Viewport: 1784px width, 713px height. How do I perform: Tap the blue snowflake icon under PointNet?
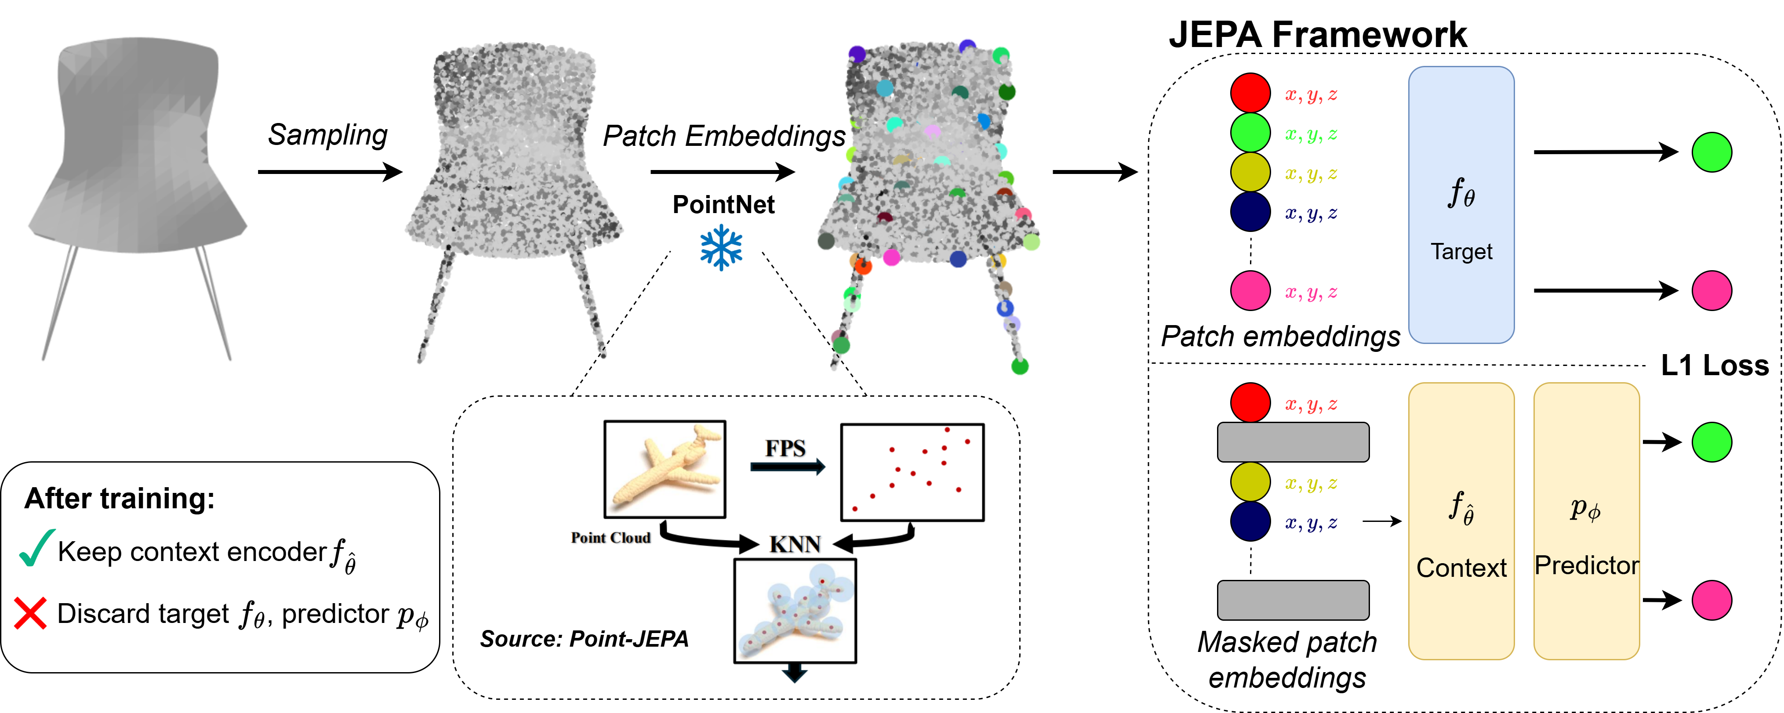coord(721,249)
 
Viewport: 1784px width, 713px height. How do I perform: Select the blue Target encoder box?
coord(1461,204)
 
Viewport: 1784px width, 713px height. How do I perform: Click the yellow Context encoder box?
coord(1461,521)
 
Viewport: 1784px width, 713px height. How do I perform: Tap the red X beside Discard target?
coord(30,613)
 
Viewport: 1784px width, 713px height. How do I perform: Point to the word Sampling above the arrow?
coord(327,134)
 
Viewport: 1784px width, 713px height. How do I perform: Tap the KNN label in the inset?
coord(795,544)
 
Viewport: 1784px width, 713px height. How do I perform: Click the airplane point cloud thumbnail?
coord(665,469)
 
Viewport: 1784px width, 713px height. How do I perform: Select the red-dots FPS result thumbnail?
coord(912,472)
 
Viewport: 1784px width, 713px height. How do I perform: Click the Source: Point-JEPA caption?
coord(584,638)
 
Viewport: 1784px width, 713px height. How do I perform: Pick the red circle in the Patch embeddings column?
coord(1250,93)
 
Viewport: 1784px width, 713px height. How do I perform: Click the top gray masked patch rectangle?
coord(1293,442)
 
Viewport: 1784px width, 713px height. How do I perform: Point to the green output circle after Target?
coord(1711,152)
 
